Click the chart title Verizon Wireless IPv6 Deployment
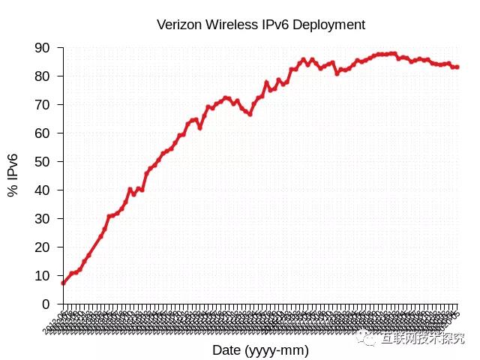[261, 25]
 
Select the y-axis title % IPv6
[13, 175]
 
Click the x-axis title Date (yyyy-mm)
[260, 350]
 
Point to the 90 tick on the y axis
[43, 48]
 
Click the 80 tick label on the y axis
[43, 76]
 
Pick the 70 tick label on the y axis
[43, 105]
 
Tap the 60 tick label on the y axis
[43, 133]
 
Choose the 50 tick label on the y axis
[43, 162]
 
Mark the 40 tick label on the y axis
[43, 190]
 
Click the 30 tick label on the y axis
[43, 219]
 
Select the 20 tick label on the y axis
[43, 247]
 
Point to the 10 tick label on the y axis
[43, 276]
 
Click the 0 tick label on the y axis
[46, 304]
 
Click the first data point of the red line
[64, 283]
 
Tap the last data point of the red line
[457, 67]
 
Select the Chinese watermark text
[423, 338]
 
